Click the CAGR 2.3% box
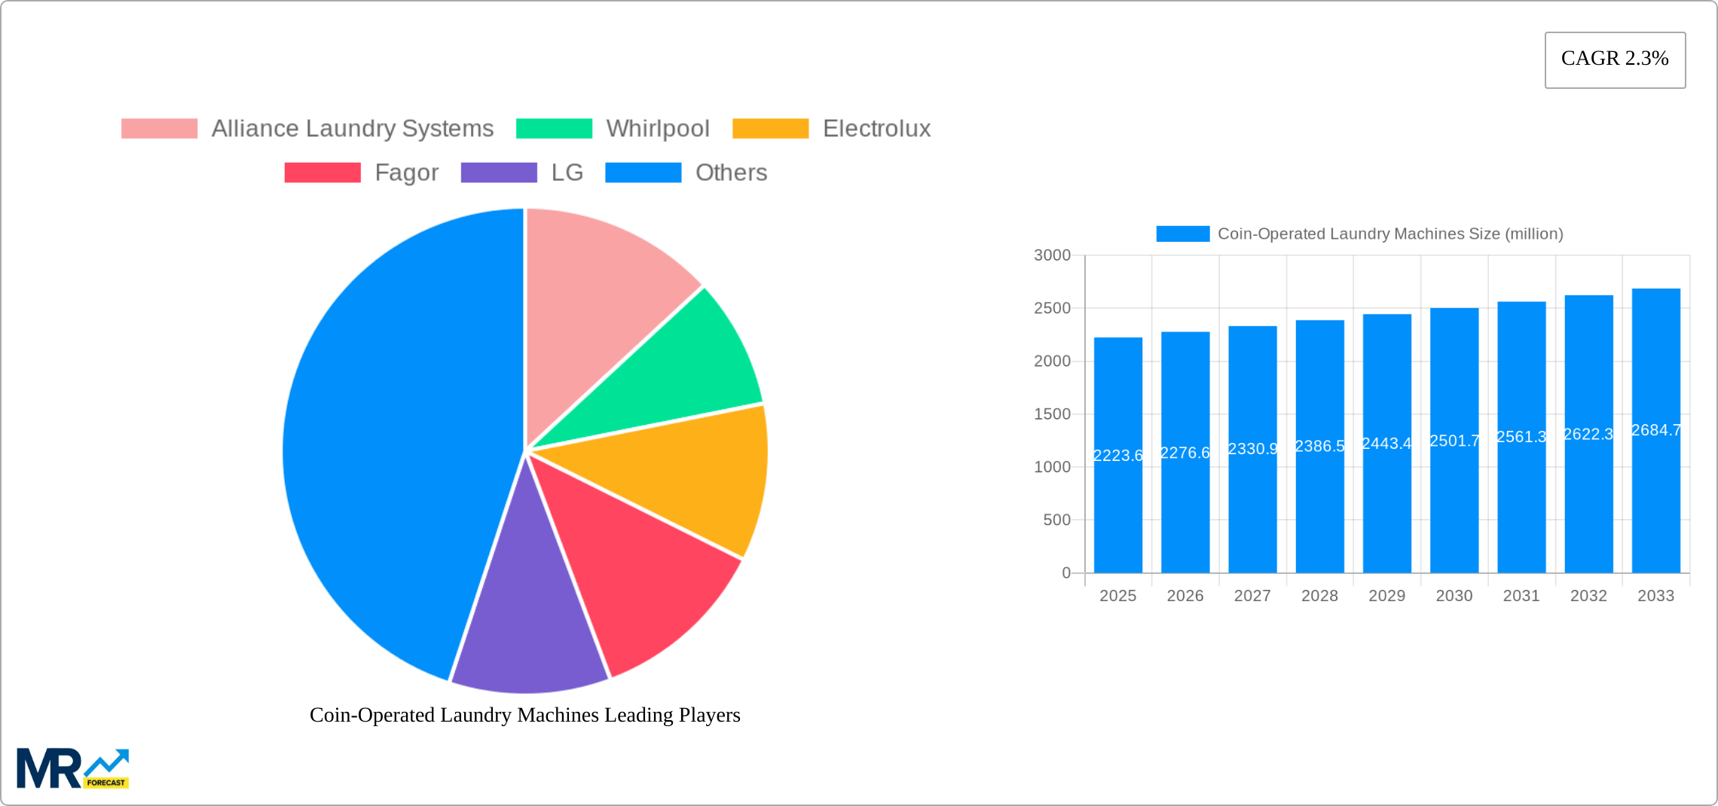pos(1615,60)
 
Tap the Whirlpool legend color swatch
pos(554,129)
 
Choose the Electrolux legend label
pos(876,129)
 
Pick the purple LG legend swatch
pos(499,172)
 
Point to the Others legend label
pos(731,172)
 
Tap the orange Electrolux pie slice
pos(693,475)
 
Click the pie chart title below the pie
pos(524,715)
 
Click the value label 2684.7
pos(1655,430)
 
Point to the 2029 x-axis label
pos(1386,596)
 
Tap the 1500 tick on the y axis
pos(1052,414)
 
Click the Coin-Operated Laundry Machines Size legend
pos(1359,234)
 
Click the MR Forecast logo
pos(72,768)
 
